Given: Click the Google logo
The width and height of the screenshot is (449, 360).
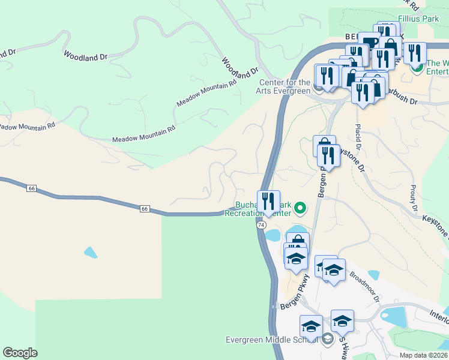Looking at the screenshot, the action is [20, 353].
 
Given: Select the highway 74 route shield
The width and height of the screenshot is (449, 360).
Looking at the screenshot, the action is [261, 224].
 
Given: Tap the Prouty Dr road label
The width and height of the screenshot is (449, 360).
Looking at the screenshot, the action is [414, 199].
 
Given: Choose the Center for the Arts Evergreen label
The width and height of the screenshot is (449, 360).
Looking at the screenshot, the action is [285, 87].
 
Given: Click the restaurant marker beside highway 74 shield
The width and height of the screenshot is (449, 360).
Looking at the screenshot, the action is [268, 201].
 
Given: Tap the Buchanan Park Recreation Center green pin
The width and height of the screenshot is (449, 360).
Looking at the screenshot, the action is [300, 208].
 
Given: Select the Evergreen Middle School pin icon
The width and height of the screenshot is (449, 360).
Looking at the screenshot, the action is [327, 340].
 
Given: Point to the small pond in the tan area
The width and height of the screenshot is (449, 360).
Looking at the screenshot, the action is [91, 253].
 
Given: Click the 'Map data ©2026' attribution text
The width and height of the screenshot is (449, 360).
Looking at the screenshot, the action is [423, 355].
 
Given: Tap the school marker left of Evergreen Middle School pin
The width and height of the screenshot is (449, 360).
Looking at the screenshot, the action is [311, 326].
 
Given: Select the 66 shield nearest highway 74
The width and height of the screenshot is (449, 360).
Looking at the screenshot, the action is [145, 209].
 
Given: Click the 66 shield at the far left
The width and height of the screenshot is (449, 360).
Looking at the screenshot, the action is [32, 188].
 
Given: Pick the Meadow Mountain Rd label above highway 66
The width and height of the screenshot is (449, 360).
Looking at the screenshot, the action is [144, 134].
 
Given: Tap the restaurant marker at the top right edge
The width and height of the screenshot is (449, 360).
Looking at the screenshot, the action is [414, 53].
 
